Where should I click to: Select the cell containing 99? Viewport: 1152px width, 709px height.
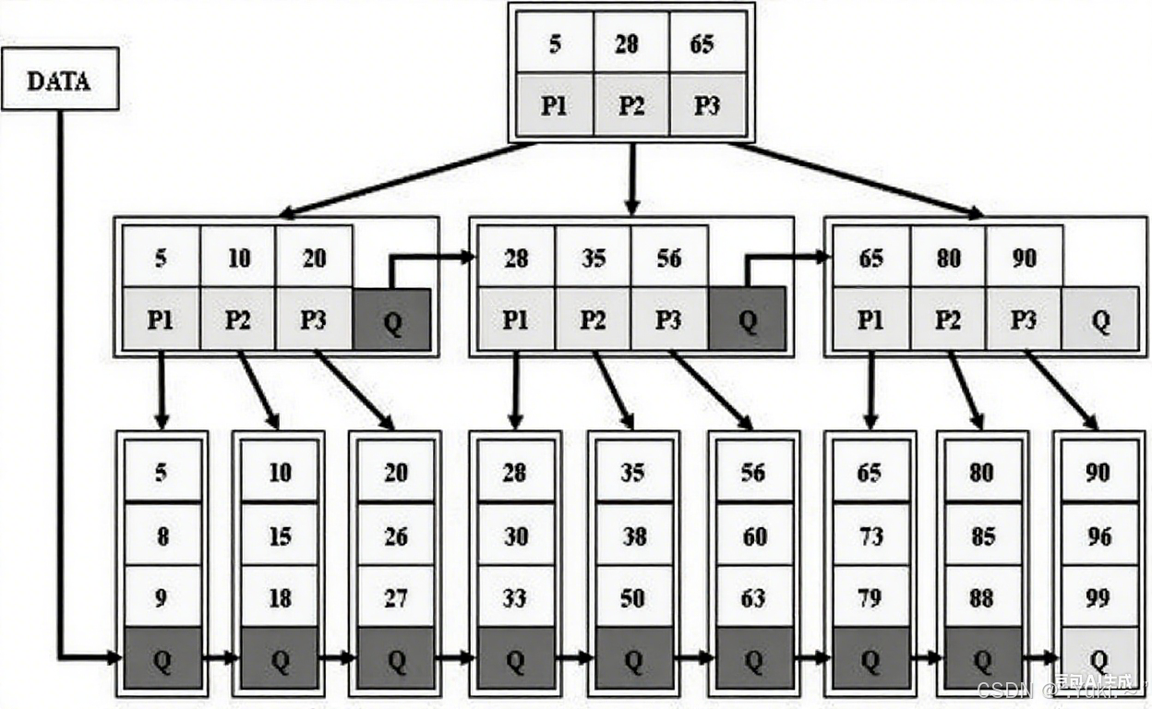pyautogui.click(x=1098, y=598)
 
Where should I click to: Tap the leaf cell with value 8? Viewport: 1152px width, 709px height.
pyautogui.click(x=162, y=535)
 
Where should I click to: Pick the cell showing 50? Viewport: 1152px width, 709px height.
pyautogui.click(x=633, y=598)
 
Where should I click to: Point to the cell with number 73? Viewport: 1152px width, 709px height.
pyautogui.click(x=870, y=535)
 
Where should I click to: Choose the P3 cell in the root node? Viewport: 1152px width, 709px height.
pyautogui.click(x=706, y=104)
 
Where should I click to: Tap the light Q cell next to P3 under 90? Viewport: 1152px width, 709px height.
pyautogui.click(x=1099, y=319)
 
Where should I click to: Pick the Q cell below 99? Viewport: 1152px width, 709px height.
pyautogui.click(x=1098, y=658)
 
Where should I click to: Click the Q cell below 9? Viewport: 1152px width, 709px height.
pyautogui.click(x=162, y=658)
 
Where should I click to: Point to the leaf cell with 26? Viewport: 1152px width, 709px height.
pyautogui.click(x=397, y=535)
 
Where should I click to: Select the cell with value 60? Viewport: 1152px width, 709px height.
pyautogui.click(x=753, y=535)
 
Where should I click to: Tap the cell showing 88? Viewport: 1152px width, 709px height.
pyautogui.click(x=982, y=598)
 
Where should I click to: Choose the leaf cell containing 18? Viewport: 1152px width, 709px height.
pyautogui.click(x=280, y=598)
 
